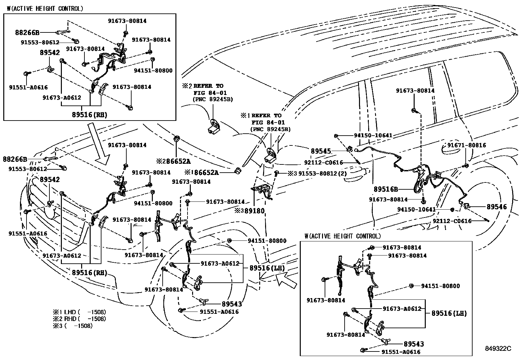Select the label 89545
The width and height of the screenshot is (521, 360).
pyautogui.click(x=321, y=151)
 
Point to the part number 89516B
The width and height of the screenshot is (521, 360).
pyautogui.click(x=386, y=189)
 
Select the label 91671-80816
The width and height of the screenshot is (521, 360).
pyautogui.click(x=466, y=145)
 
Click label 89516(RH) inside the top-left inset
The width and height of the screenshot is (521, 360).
pyautogui.click(x=89, y=115)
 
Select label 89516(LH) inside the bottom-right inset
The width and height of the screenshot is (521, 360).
pyautogui.click(x=449, y=313)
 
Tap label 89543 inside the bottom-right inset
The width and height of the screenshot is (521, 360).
pyautogui.click(x=414, y=344)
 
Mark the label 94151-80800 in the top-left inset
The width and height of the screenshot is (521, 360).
pyautogui.click(x=153, y=70)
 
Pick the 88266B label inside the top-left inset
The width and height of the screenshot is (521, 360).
pyautogui.click(x=27, y=32)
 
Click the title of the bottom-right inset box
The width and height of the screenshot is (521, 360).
pyautogui.click(x=342, y=236)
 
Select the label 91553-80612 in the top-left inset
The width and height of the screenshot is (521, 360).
pyautogui.click(x=40, y=42)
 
